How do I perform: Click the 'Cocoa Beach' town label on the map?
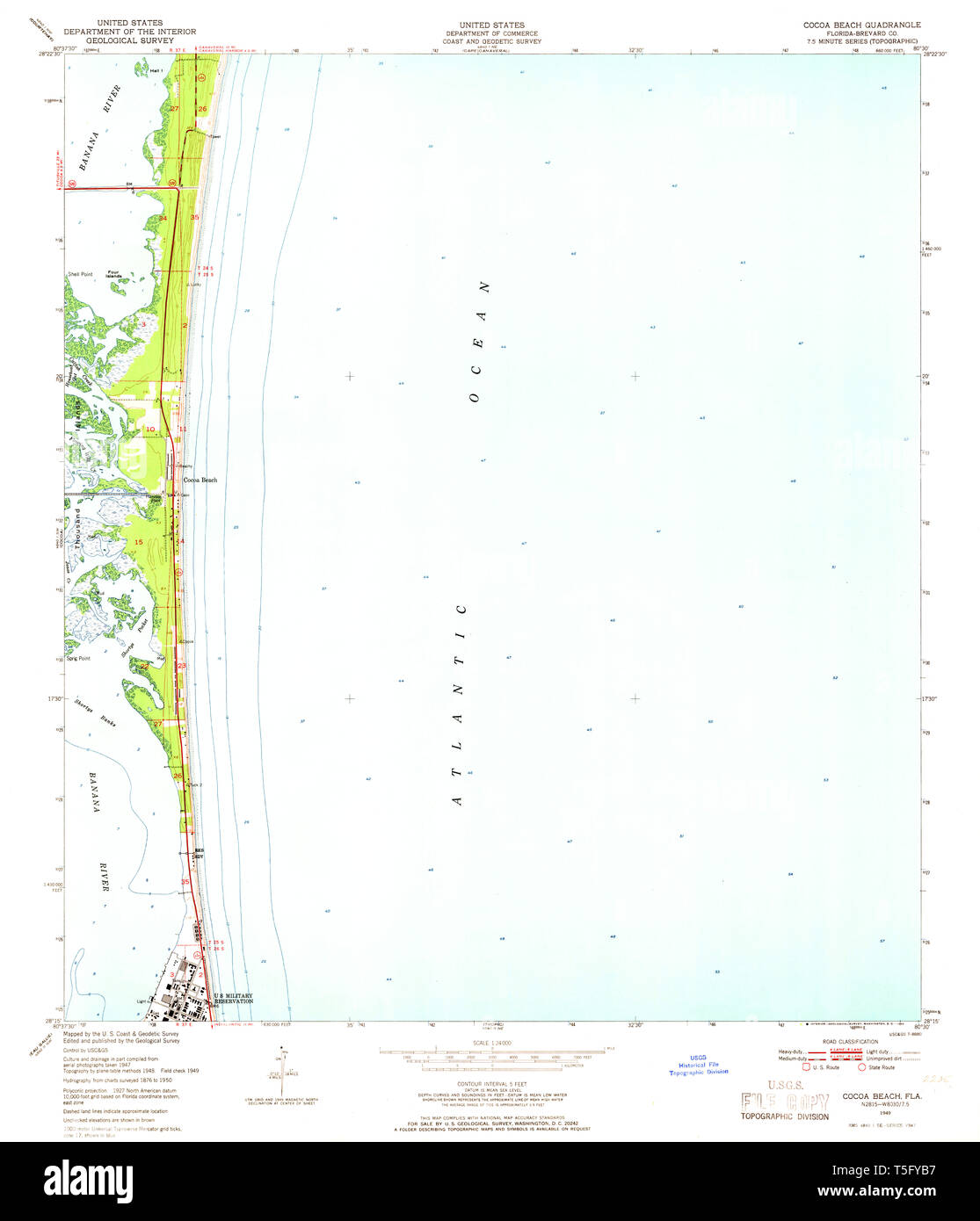(x=200, y=480)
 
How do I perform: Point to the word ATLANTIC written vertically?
(x=459, y=703)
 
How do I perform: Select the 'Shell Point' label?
(x=79, y=274)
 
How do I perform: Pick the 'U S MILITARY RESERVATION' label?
(x=233, y=998)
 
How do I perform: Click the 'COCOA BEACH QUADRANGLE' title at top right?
(x=861, y=25)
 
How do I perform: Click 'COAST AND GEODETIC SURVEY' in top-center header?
(x=491, y=41)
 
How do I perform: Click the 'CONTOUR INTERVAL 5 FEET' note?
(x=491, y=1085)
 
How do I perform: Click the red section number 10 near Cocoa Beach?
(x=150, y=429)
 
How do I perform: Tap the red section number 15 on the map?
(x=138, y=542)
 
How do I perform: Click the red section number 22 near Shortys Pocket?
(x=144, y=667)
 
